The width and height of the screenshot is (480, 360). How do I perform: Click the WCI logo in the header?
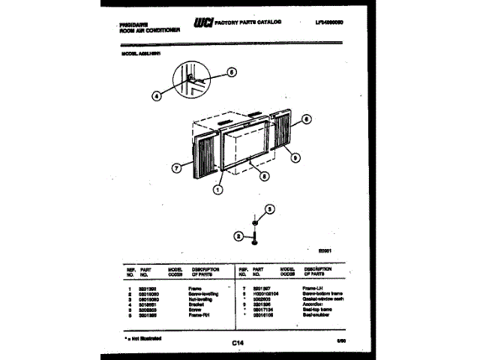(202, 24)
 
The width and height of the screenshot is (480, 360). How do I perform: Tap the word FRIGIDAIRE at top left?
(136, 22)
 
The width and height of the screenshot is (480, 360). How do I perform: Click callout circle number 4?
(157, 95)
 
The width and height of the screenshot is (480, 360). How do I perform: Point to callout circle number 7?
(176, 169)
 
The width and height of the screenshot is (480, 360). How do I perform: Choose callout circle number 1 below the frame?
(217, 190)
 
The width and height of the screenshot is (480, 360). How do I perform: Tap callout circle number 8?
(264, 177)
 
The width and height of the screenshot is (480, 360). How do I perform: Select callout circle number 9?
(296, 157)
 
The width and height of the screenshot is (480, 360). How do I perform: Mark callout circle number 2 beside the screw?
(239, 237)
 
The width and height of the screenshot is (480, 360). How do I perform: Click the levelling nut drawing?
(256, 223)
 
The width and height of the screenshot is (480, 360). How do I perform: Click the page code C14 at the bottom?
(239, 343)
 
